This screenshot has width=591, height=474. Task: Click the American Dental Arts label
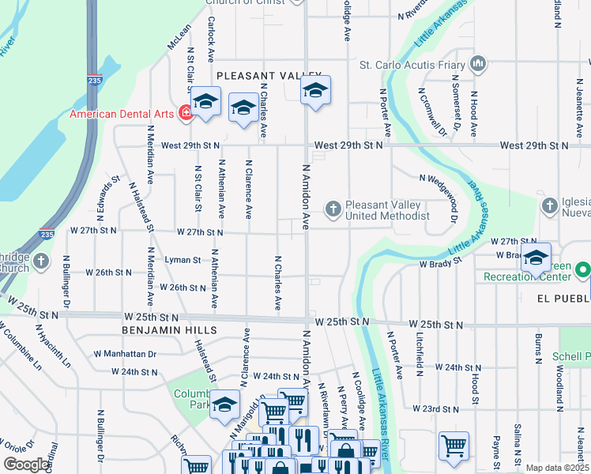(121, 114)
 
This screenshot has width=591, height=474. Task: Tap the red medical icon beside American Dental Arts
(186, 113)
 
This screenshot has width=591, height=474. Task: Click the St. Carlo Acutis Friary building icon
(477, 63)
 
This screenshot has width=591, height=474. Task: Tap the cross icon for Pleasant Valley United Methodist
(333, 209)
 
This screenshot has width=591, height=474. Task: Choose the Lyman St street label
(183, 259)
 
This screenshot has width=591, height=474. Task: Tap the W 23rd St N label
(435, 409)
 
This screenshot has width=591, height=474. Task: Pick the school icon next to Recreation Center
(536, 258)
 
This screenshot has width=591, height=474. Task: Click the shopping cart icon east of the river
(454, 445)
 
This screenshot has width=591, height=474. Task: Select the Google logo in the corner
(26, 465)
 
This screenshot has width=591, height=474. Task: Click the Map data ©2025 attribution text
(557, 468)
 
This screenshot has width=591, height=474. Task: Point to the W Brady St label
(439, 263)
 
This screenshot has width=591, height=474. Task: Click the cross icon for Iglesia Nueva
(550, 205)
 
